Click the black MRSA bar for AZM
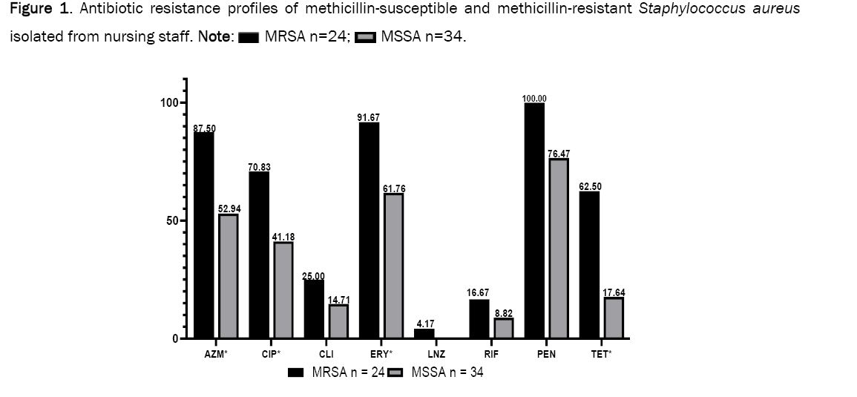(x=204, y=235)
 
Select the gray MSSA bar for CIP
(x=283, y=290)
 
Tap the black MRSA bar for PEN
(x=534, y=220)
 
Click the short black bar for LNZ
(x=424, y=334)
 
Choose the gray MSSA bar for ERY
(x=393, y=266)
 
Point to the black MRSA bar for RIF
(x=479, y=319)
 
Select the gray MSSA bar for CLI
(x=338, y=321)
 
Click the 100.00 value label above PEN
(x=534, y=98)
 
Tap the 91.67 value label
(x=370, y=117)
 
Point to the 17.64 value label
(x=613, y=292)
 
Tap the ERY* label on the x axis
(x=381, y=355)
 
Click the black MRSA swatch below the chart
(x=296, y=373)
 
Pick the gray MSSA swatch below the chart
(x=395, y=373)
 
